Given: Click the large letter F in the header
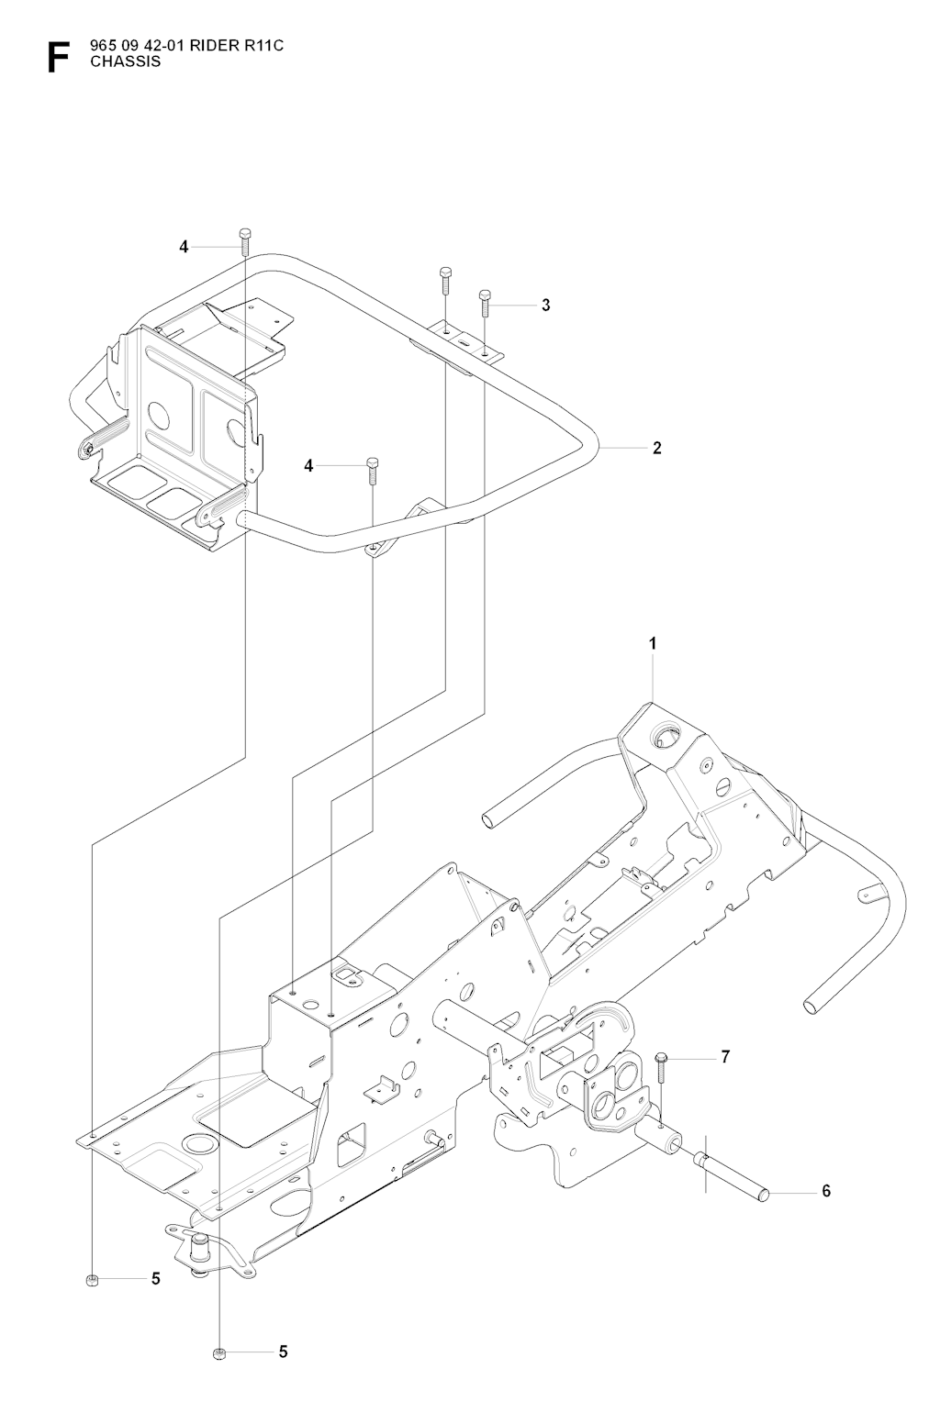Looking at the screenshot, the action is click(58, 58).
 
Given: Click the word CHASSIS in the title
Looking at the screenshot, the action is click(126, 61).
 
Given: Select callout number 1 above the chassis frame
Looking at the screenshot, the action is click(653, 643).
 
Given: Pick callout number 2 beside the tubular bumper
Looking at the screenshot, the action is click(657, 448).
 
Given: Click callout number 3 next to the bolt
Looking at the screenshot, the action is click(546, 305).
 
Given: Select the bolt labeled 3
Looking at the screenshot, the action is click(484, 303).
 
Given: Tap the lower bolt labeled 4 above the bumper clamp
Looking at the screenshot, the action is click(372, 470).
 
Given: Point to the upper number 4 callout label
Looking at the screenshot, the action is click(184, 247).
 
